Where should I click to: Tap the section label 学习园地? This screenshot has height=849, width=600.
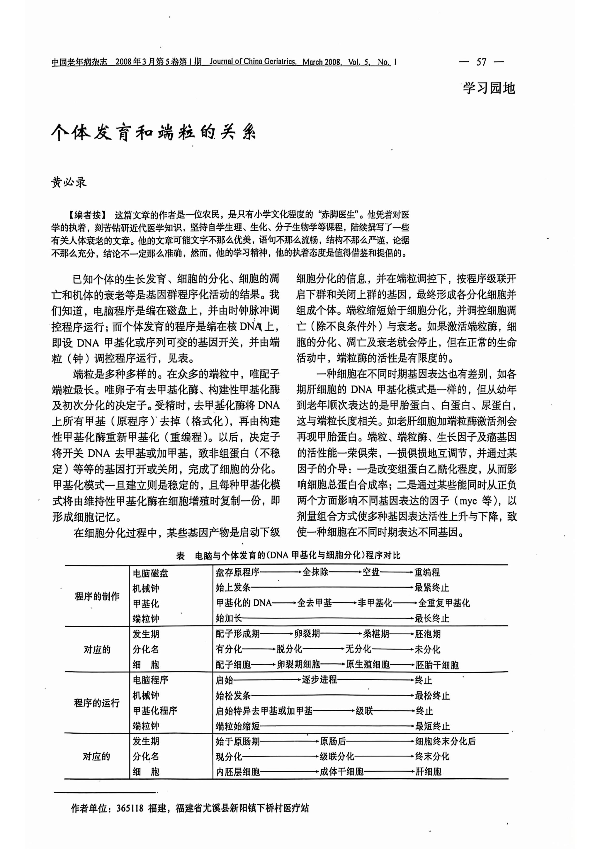[x=489, y=88]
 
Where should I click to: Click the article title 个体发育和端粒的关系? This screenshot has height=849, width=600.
[x=153, y=132]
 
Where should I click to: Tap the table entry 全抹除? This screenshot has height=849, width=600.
[x=315, y=572]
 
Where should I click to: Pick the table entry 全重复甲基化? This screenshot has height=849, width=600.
[x=444, y=603]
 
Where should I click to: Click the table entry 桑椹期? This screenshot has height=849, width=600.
[x=376, y=634]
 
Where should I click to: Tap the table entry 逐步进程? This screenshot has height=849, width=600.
[x=319, y=680]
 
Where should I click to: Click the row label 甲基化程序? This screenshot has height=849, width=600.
[x=155, y=711]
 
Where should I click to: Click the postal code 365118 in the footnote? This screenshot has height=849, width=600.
[x=130, y=808]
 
